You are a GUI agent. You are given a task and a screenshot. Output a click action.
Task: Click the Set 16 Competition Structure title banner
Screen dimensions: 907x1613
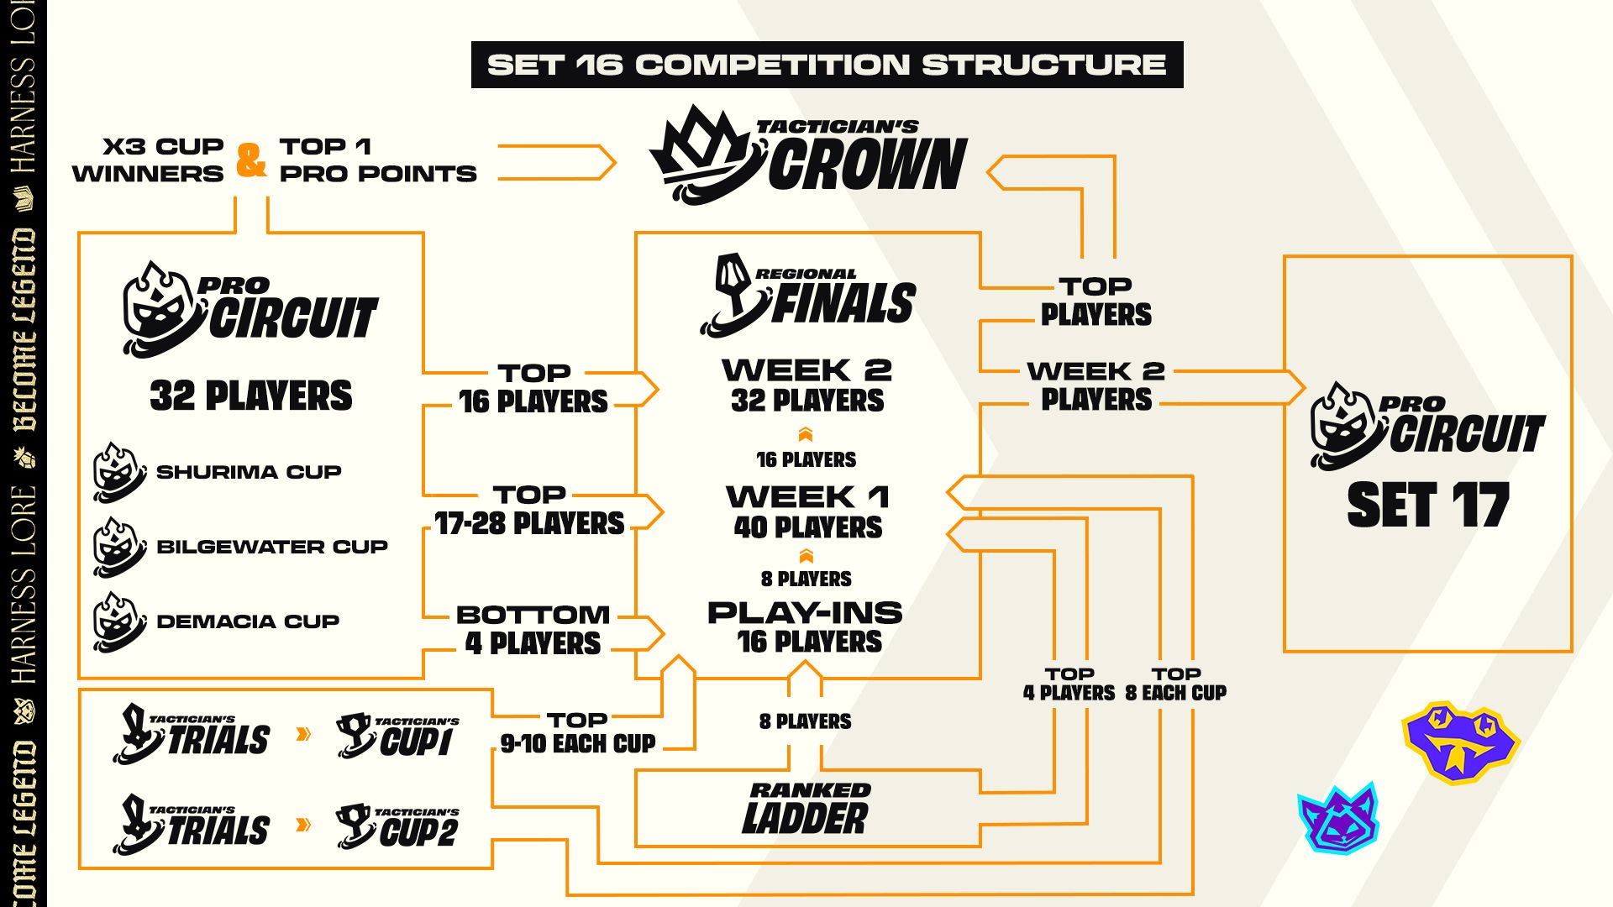click(827, 65)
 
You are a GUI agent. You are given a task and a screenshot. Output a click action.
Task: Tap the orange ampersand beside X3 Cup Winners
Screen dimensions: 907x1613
click(251, 160)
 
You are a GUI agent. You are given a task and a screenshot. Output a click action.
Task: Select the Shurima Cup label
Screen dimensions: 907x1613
click(249, 472)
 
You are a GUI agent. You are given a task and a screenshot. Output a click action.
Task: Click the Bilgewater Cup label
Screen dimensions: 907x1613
click(271, 547)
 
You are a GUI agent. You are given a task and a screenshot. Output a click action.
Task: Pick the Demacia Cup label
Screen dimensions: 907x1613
click(248, 621)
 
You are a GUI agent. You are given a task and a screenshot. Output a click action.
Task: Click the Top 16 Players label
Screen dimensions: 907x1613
click(533, 388)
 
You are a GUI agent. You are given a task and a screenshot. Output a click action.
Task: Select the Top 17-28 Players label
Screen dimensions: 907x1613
click(529, 510)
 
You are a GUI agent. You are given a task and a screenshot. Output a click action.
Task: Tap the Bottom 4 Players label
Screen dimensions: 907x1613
click(533, 630)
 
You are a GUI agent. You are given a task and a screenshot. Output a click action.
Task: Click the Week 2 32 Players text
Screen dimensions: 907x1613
click(806, 385)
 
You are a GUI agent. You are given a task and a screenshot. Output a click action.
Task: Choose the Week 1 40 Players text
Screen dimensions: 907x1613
click(807, 511)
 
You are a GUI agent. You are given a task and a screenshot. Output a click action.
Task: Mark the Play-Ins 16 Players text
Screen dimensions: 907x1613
click(806, 627)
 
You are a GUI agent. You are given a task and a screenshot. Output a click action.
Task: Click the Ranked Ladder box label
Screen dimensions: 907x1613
click(806, 809)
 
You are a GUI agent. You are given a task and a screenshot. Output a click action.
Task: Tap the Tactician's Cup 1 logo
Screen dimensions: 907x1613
click(397, 736)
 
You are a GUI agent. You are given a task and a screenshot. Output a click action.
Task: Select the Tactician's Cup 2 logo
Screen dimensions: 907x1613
click(397, 826)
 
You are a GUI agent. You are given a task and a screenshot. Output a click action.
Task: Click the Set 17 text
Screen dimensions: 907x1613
click(1428, 506)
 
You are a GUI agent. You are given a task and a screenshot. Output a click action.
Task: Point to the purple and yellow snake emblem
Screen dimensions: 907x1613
click(1460, 741)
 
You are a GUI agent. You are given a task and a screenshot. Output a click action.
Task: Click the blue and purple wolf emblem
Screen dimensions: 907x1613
click(1339, 818)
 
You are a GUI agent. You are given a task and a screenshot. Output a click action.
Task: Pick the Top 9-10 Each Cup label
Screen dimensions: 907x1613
click(578, 732)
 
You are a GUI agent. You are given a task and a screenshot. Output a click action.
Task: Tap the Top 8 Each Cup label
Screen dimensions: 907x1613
click(1175, 684)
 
